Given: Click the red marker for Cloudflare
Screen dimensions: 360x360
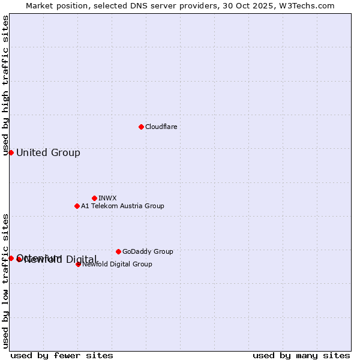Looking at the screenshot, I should click(141, 127).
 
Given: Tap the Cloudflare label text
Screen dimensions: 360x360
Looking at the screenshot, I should click(161, 127).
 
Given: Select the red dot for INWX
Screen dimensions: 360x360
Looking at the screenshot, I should click(94, 198).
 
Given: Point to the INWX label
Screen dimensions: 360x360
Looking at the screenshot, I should click(107, 198).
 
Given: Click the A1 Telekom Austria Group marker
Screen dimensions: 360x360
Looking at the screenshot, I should click(77, 206).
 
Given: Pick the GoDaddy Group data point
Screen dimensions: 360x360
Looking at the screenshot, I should click(118, 251).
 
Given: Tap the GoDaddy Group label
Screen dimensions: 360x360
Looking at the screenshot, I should click(148, 251).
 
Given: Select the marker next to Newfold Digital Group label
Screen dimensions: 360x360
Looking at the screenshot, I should click(78, 264).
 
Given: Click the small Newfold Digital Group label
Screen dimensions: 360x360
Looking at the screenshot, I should click(117, 264).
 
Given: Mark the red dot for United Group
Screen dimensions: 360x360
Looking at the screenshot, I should click(11, 152).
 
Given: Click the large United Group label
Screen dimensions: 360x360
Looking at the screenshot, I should click(48, 152).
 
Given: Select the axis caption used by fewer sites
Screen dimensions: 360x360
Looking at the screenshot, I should click(62, 355).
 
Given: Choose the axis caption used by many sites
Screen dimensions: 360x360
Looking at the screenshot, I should click(301, 355).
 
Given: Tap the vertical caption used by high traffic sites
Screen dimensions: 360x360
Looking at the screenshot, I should click(5, 86).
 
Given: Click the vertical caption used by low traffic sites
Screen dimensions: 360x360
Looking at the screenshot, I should click(5, 280).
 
